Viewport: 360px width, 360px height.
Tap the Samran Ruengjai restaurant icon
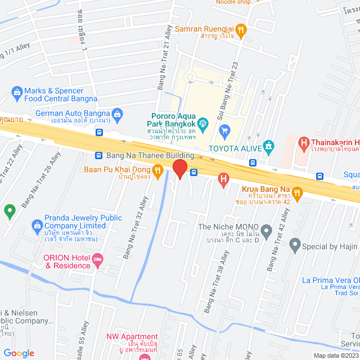tap(241, 30)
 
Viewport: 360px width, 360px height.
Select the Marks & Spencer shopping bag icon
tap(16, 91)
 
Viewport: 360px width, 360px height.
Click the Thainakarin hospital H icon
tap(304, 143)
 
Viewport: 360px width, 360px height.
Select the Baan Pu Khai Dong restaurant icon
tap(158, 169)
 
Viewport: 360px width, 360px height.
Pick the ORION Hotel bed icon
tap(98, 259)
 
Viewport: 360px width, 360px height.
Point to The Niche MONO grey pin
tap(267, 230)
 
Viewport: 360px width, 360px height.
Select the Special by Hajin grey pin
tap(294, 245)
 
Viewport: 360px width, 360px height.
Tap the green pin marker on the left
tap(9, 211)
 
